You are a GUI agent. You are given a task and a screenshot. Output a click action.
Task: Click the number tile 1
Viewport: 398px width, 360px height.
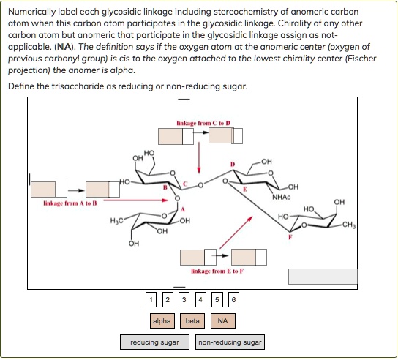click(150, 299)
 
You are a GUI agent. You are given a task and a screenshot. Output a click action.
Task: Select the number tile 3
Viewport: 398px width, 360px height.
click(184, 299)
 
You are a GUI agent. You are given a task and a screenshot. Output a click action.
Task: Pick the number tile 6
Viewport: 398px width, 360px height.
click(233, 299)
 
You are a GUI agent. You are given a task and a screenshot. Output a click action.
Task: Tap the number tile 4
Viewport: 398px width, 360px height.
click(200, 299)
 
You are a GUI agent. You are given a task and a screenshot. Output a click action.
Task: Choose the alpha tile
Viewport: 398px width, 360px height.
click(161, 320)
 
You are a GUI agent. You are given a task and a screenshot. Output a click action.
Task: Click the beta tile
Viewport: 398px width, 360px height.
click(192, 320)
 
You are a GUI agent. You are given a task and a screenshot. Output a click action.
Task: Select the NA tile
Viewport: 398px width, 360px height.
click(222, 320)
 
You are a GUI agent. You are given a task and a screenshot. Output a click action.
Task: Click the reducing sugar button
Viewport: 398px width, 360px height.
click(154, 342)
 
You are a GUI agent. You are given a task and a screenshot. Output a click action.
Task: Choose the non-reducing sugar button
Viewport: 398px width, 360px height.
click(230, 342)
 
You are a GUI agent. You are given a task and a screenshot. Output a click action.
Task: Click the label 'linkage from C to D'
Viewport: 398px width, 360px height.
click(203, 122)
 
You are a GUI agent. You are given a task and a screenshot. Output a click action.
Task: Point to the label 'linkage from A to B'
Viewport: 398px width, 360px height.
click(70, 203)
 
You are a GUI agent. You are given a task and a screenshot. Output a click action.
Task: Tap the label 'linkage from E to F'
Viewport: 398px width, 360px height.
click(217, 271)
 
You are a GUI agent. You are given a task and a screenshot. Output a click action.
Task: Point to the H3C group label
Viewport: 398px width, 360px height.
click(117, 220)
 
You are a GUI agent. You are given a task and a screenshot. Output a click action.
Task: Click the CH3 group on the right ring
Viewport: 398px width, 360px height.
click(347, 225)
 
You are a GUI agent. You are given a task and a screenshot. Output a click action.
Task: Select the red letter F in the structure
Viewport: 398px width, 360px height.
click(290, 238)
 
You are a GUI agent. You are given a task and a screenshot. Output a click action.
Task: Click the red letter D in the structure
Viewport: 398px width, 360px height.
click(233, 162)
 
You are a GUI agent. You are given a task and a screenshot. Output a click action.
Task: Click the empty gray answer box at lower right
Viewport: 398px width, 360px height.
click(323, 276)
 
